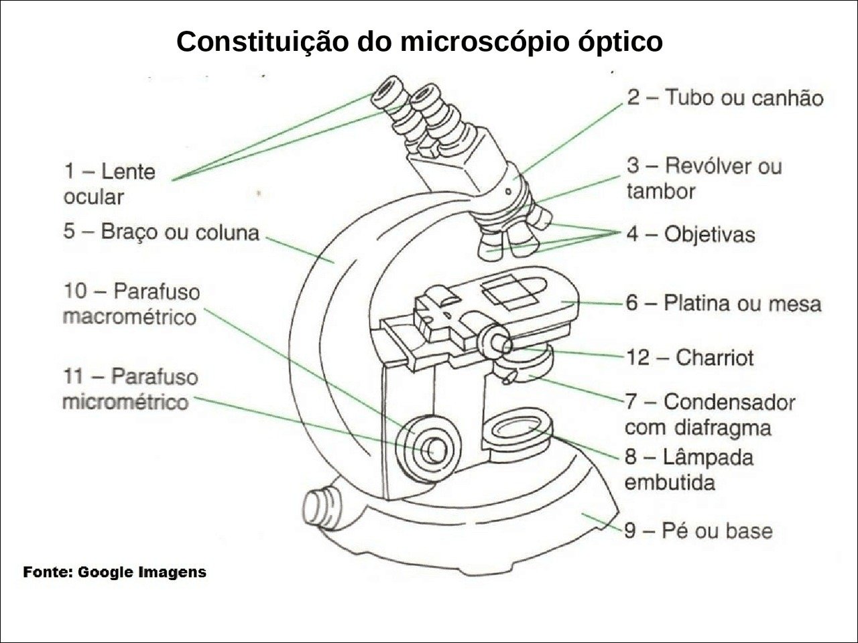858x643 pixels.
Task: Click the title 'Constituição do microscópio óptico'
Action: (x=420, y=42)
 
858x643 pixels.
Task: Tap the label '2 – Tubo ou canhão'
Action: (x=725, y=98)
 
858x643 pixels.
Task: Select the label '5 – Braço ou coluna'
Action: (x=161, y=232)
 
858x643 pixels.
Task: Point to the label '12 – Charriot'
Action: (x=690, y=357)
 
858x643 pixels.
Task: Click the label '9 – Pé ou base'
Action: (x=698, y=531)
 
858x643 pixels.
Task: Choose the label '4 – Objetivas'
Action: (x=690, y=234)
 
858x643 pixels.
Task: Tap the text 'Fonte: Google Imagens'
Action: (x=115, y=573)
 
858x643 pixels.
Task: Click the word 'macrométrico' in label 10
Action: (x=129, y=317)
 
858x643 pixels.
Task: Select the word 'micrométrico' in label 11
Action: (x=125, y=402)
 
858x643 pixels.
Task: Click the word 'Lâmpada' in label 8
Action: (x=708, y=457)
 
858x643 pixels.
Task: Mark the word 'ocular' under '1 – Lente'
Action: (x=94, y=197)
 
